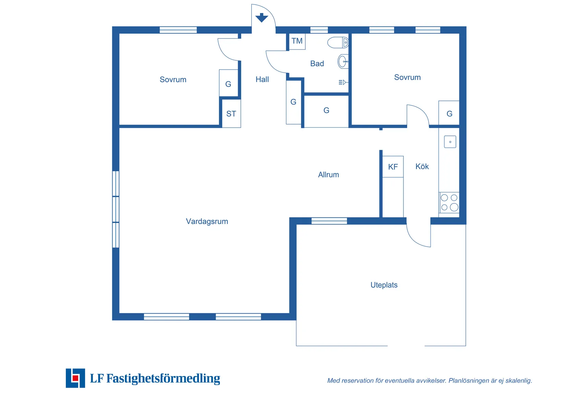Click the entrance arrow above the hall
point(261,17)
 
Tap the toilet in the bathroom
point(338,43)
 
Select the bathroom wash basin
point(343,61)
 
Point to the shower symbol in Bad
point(342,82)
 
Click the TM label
point(297,41)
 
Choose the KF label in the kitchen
point(393,167)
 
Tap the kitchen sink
point(450,142)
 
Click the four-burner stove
point(449,203)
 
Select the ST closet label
point(231,114)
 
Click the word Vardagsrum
point(207,221)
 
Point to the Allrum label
point(329,175)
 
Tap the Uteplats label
point(384,285)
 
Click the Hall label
point(262,79)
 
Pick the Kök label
point(422,166)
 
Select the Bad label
point(317,63)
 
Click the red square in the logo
point(75,378)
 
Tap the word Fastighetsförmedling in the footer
point(163,379)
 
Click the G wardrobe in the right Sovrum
point(449,113)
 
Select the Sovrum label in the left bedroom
point(173,80)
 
